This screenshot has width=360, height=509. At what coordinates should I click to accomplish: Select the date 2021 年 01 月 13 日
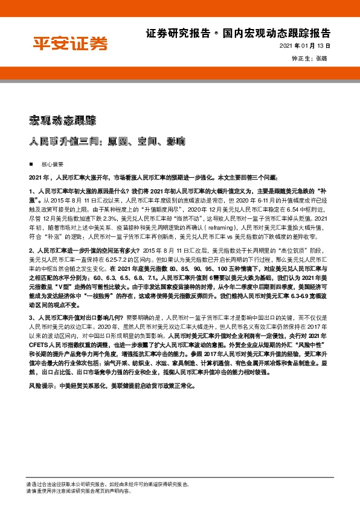coord(304,47)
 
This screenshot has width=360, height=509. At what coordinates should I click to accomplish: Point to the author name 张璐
coord(323,59)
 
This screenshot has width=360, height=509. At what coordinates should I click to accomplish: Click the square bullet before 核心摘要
coord(30,164)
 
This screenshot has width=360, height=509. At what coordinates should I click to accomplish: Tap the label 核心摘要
coord(50,164)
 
